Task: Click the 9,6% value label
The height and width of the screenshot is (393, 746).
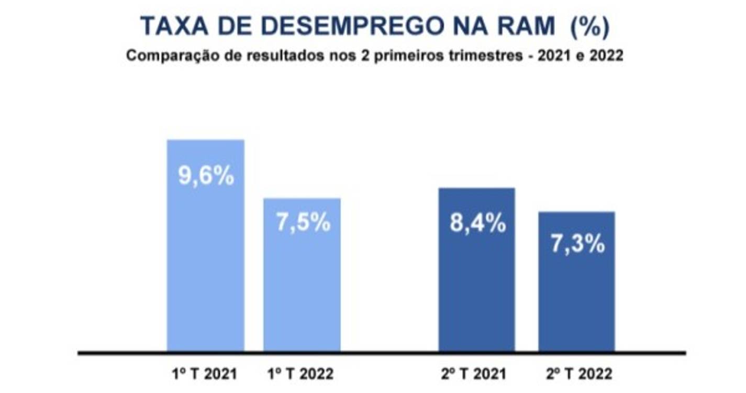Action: pos(206,176)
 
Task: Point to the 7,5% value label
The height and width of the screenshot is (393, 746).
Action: pos(303,222)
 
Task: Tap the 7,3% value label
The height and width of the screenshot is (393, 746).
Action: pos(577,244)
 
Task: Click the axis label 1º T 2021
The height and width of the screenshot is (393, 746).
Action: pos(204,374)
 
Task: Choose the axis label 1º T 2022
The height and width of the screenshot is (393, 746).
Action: pos(300,374)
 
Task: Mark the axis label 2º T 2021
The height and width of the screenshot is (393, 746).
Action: pos(473,374)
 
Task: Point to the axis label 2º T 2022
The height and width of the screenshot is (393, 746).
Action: pos(578,374)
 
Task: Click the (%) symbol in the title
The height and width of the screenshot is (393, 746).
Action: pos(590,27)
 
